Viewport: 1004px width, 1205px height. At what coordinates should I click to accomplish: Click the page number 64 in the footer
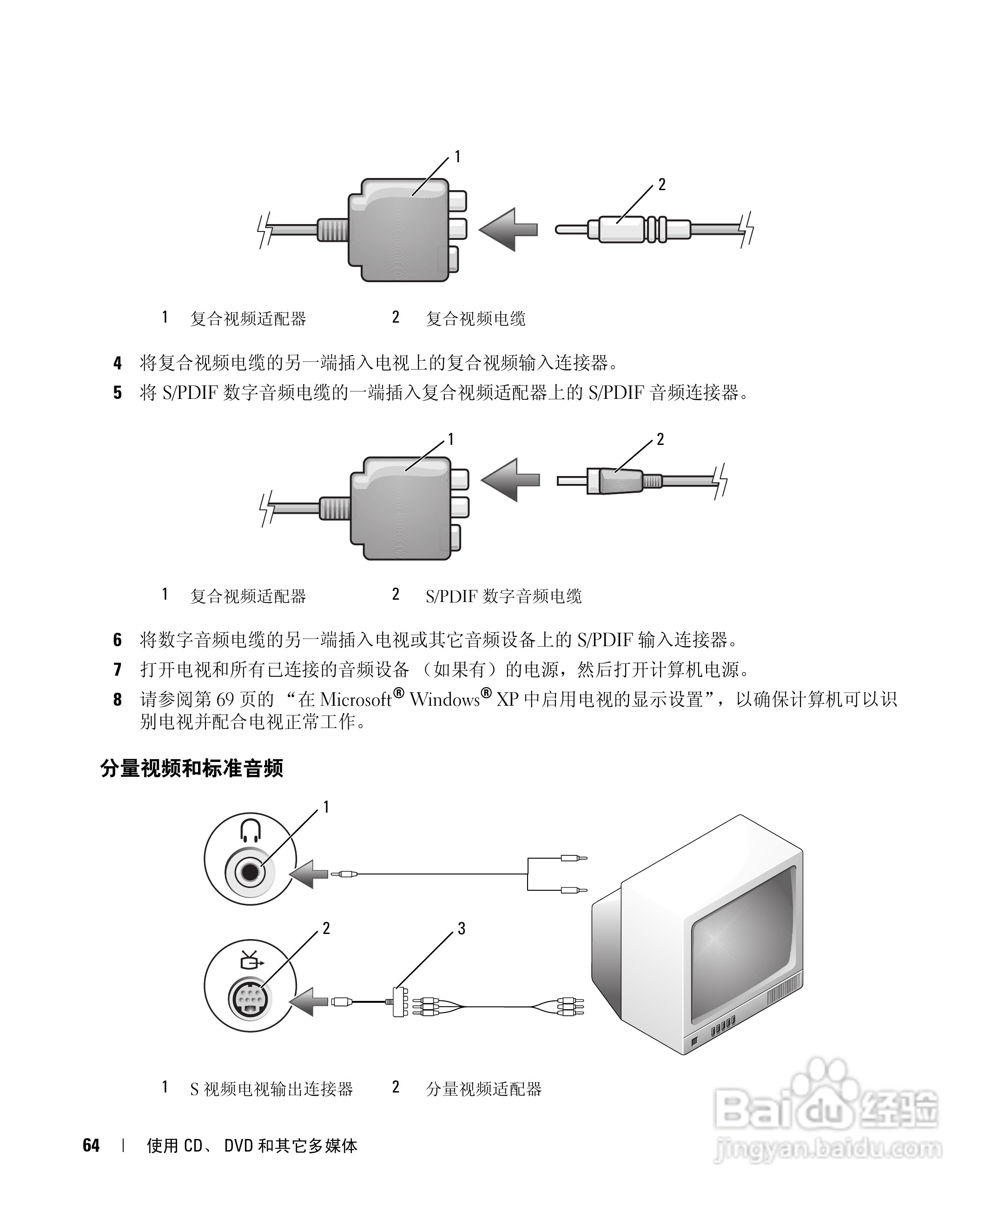(x=91, y=1145)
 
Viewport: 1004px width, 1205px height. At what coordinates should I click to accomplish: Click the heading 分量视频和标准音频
(x=192, y=768)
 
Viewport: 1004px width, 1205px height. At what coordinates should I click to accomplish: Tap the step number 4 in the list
(x=117, y=363)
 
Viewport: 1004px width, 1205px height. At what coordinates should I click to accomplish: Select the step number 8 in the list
(x=117, y=700)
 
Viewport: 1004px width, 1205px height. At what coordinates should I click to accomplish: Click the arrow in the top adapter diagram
(x=507, y=230)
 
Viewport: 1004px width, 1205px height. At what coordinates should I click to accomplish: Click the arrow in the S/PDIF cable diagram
(x=509, y=480)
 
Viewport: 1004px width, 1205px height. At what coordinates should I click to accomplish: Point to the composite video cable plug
(x=622, y=230)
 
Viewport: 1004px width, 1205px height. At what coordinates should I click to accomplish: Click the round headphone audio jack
(x=251, y=872)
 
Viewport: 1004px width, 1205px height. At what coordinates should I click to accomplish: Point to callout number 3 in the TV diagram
(x=461, y=928)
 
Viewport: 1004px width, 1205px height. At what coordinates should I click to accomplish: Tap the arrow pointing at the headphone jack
(x=310, y=874)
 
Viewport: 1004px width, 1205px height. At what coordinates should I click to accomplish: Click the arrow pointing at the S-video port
(x=310, y=1002)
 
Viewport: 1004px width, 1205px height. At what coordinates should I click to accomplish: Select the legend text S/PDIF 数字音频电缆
(x=503, y=596)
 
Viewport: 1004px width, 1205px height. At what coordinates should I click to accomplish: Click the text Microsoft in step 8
(x=356, y=700)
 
